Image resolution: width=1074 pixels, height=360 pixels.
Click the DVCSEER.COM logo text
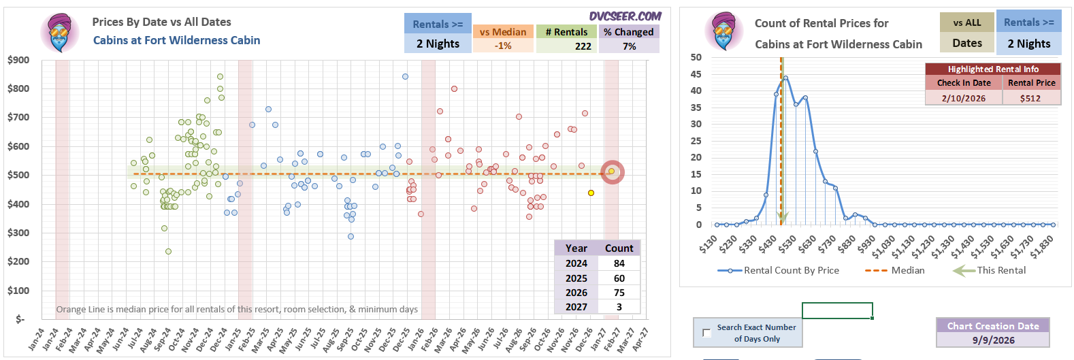tap(625, 16)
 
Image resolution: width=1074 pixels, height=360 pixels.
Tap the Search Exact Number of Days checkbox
tap(706, 333)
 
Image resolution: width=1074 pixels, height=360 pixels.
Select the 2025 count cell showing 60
tap(619, 278)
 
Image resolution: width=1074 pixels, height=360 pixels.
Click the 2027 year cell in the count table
tap(576, 307)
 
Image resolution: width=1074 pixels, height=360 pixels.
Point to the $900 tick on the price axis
tap(18, 60)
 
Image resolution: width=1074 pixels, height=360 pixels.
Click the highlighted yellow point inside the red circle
tap(611, 171)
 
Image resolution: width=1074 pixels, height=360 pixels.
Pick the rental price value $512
tap(1030, 98)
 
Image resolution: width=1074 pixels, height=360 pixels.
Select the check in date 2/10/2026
tap(964, 98)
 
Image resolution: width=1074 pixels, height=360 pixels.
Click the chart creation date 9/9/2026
tap(994, 340)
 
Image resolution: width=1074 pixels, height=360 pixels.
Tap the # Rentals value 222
tap(583, 46)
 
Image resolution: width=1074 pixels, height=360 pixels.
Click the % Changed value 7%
tap(629, 46)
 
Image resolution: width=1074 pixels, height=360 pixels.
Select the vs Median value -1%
tap(503, 46)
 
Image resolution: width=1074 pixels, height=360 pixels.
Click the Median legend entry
tap(895, 270)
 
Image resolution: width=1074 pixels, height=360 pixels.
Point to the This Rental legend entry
tap(989, 270)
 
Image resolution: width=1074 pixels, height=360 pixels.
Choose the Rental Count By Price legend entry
tap(778, 270)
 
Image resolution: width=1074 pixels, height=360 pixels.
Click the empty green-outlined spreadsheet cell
tap(837, 310)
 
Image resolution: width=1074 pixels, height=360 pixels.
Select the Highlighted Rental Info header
tap(993, 69)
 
